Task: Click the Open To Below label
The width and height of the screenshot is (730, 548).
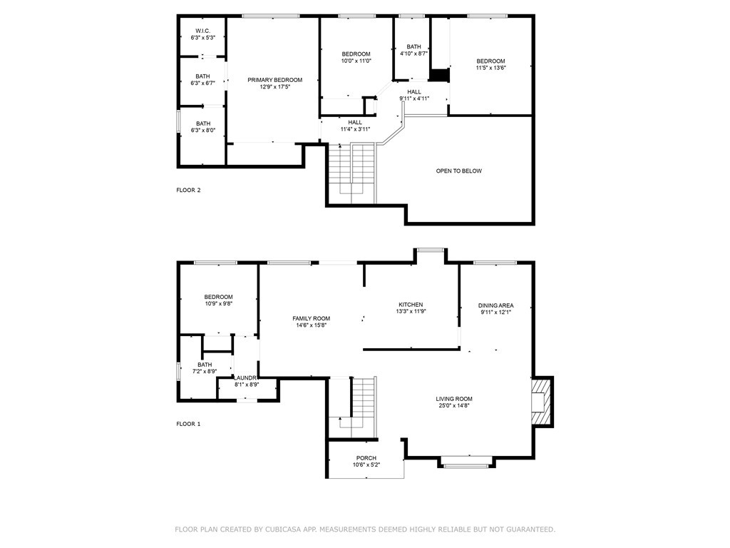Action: coord(459,171)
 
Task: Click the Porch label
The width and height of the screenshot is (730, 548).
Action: coord(366,458)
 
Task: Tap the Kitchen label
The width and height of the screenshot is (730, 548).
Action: coord(411,305)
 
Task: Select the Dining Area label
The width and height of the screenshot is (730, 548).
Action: coord(495,305)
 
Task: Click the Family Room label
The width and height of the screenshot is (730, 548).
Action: coord(311,318)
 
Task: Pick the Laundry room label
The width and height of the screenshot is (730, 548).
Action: coord(246,377)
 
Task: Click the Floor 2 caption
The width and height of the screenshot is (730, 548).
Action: coord(189,190)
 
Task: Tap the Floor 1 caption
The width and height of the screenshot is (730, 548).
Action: coord(189,424)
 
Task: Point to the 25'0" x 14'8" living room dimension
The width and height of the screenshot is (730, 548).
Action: coord(454,406)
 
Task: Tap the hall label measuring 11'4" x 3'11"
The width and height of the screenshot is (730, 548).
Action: coord(355,126)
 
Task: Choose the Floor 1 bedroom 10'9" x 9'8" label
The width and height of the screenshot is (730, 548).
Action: coord(218,300)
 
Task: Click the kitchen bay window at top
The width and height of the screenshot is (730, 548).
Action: coord(431,249)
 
